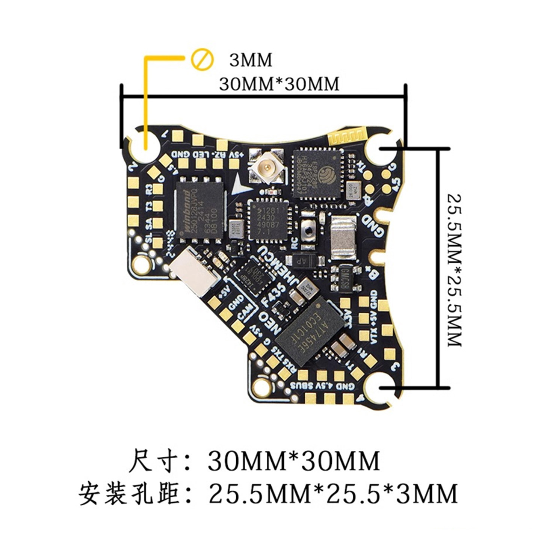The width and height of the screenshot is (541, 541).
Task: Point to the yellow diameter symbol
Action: click(x=202, y=59)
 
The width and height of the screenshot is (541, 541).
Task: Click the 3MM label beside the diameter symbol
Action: click(x=251, y=60)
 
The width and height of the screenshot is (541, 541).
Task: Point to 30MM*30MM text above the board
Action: click(x=279, y=84)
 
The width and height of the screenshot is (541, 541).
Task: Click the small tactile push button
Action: click(x=310, y=231)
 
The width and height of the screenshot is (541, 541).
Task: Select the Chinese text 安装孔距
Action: click(x=128, y=493)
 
